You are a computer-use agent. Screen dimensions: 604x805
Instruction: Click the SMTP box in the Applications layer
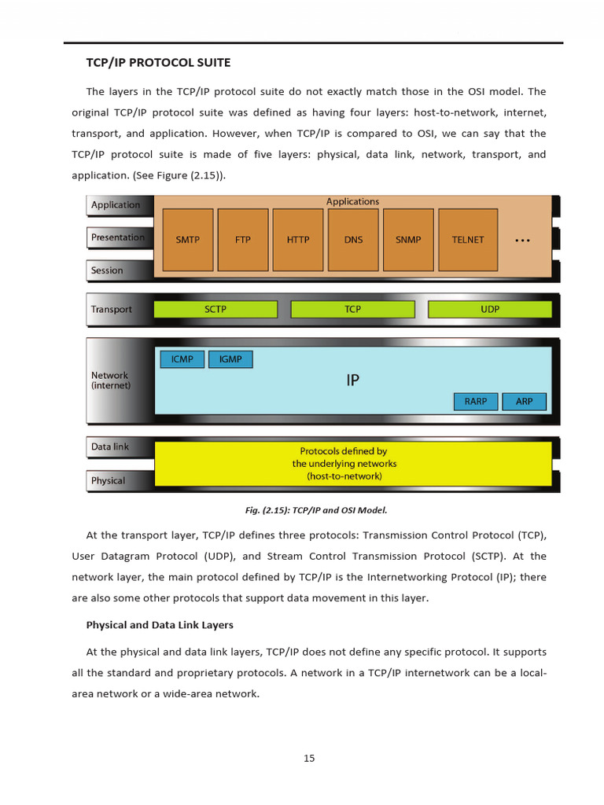click(x=187, y=240)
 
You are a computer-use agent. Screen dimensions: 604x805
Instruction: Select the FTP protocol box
click(x=243, y=240)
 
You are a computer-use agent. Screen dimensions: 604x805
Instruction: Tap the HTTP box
click(x=298, y=240)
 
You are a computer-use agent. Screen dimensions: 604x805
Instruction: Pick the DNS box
click(x=353, y=240)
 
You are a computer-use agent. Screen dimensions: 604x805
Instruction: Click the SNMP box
click(x=408, y=240)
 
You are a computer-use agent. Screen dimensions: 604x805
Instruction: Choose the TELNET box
click(x=468, y=240)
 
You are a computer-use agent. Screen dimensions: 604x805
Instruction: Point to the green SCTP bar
click(x=215, y=309)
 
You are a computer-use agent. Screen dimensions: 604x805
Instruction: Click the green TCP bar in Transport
click(x=353, y=309)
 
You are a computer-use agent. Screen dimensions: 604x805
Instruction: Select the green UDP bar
click(x=490, y=309)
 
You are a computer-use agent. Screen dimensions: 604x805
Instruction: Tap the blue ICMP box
click(x=182, y=359)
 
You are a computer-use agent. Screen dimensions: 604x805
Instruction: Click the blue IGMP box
click(x=230, y=359)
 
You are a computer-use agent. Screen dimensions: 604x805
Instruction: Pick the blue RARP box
click(x=476, y=402)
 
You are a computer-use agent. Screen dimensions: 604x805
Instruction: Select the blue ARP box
click(x=525, y=402)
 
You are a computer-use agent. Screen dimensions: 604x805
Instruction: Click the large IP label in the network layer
click(x=353, y=380)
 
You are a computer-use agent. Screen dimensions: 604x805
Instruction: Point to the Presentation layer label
click(x=118, y=237)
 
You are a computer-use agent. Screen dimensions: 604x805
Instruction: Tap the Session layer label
click(x=107, y=270)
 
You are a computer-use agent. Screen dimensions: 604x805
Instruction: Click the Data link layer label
click(x=110, y=447)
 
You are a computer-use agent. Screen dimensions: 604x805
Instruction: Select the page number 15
click(x=309, y=758)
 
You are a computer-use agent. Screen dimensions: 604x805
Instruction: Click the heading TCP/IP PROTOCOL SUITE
click(x=158, y=62)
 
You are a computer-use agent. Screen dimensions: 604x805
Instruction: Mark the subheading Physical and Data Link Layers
click(x=160, y=625)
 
